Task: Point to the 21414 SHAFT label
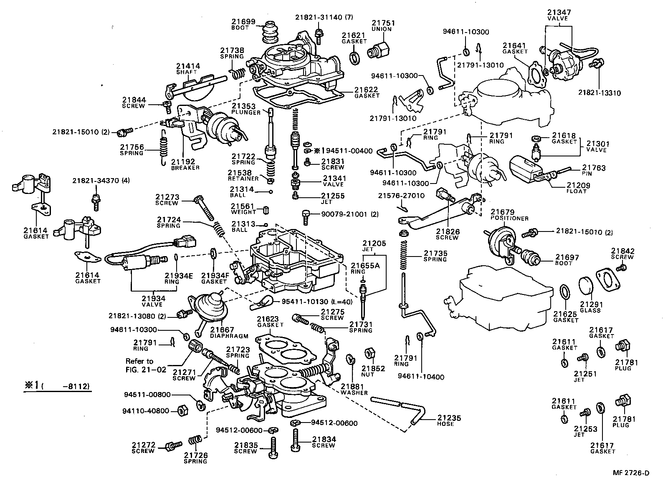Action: click(187, 68)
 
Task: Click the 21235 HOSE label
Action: click(449, 420)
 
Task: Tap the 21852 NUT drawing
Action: click(369, 353)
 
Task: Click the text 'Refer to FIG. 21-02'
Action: click(146, 365)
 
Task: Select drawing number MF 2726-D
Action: click(631, 473)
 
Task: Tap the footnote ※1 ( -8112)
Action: click(57, 386)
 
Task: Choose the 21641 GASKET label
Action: click(515, 48)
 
